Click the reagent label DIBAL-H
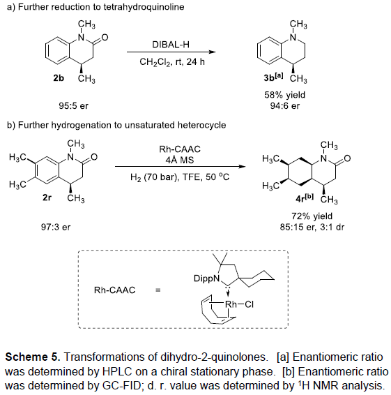[171, 45]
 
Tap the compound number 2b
[59, 78]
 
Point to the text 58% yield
[284, 95]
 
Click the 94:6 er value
[285, 106]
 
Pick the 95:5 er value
[73, 106]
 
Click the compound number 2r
[47, 197]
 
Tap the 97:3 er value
[56, 228]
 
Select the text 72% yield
[312, 216]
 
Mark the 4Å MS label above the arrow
[180, 160]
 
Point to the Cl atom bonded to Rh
[249, 304]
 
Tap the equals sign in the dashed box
[158, 290]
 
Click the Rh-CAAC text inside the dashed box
[114, 290]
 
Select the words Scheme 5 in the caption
[33, 357]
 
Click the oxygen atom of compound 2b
[105, 38]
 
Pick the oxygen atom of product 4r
[347, 158]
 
